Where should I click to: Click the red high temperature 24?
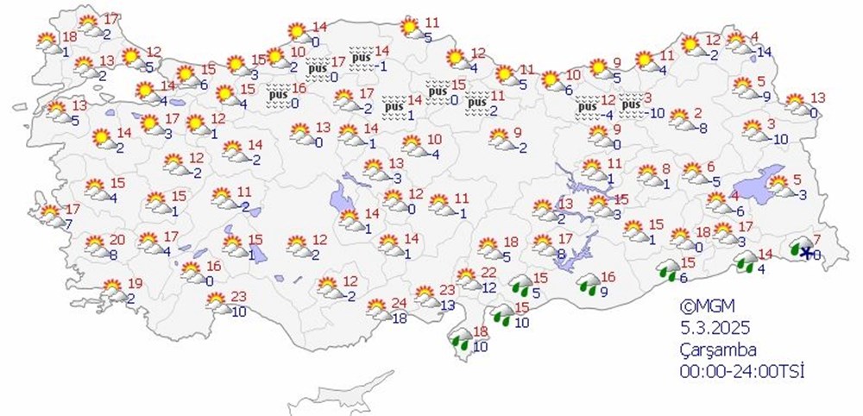pos(399,303)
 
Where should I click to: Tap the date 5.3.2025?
pos(713,328)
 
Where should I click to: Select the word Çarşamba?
pos(717,350)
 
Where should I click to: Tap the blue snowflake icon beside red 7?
pos(807,253)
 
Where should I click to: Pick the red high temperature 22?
pos(489,274)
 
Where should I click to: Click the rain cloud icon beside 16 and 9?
pos(589,283)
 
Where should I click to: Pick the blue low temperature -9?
pos(763,96)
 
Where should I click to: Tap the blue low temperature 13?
pos(446,306)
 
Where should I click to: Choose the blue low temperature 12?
pos(488,288)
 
